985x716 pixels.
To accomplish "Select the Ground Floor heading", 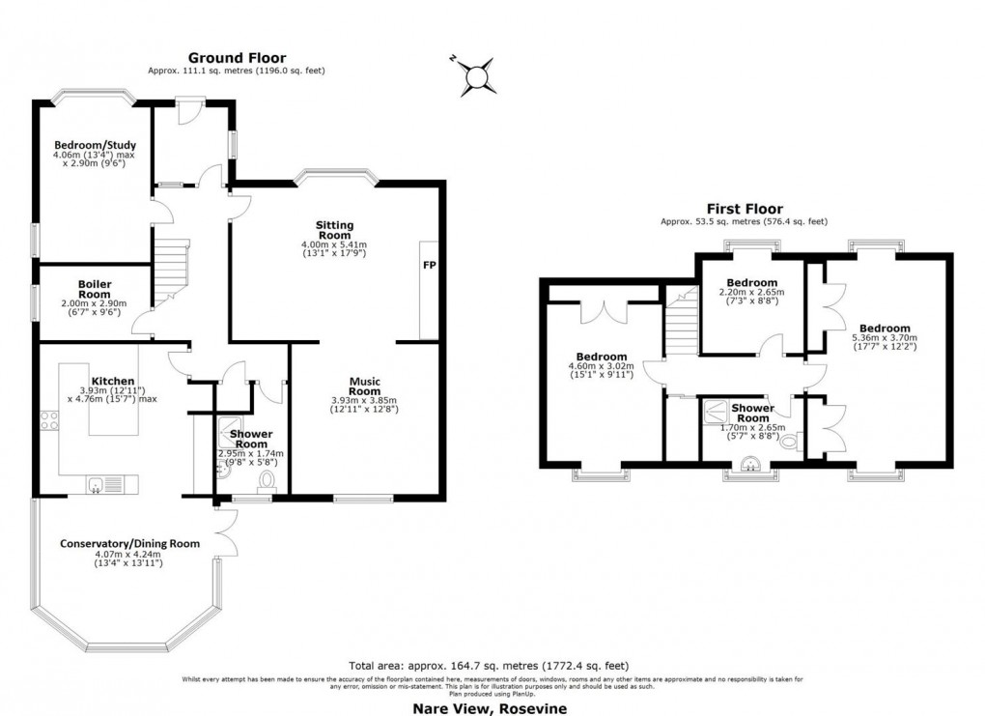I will (237, 58).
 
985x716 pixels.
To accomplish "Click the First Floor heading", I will (744, 209).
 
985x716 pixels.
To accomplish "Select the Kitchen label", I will (113, 382).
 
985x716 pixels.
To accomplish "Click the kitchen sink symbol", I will (99, 485).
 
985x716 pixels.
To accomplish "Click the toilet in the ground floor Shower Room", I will (268, 480).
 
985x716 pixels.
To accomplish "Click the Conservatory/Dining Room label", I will (129, 543).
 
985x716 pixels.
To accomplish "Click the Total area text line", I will (488, 666).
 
